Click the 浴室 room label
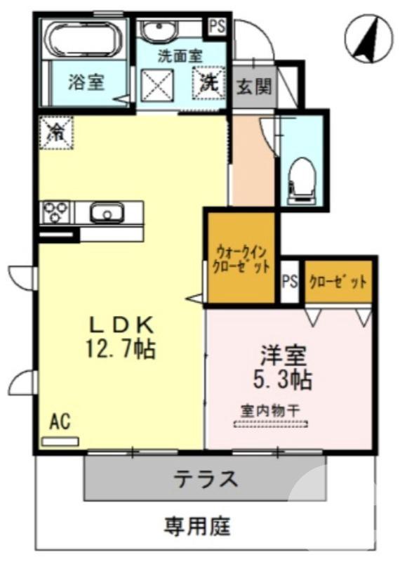[86, 82]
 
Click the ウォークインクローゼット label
[241, 259]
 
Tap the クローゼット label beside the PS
[338, 282]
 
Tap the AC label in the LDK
[60, 421]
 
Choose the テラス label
[206, 480]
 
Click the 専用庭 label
[198, 525]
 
